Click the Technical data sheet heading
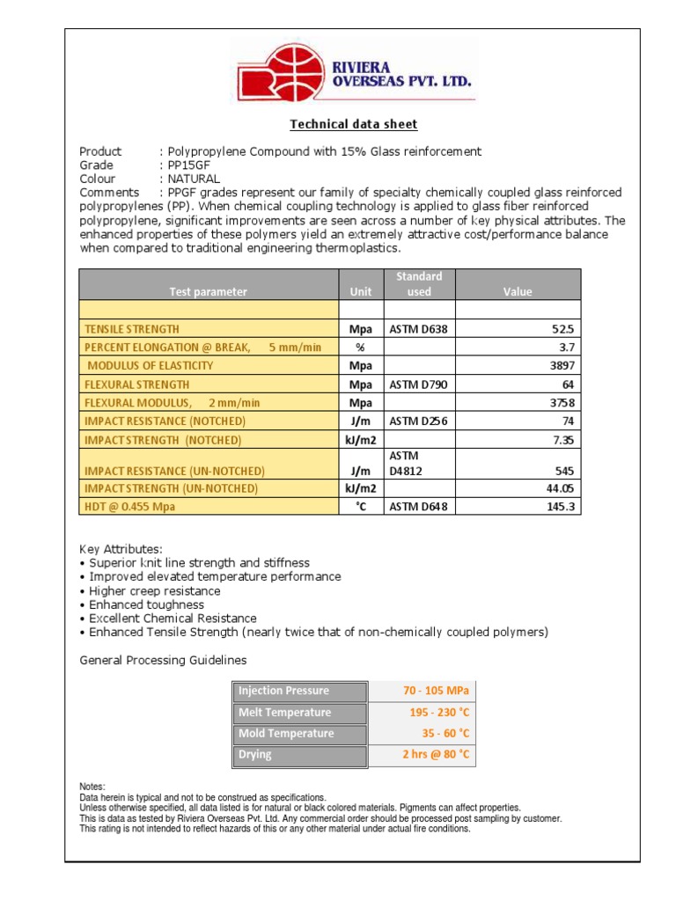pos(354,124)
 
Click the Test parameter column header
pos(209,291)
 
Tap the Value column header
pos(518,291)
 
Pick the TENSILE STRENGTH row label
pos(131,328)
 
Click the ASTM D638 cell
pos(419,329)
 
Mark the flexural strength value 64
pos(568,385)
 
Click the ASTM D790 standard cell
pos(419,385)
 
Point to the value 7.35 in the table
pos(561,439)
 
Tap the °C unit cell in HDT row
pos(361,506)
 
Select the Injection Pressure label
pos(283,691)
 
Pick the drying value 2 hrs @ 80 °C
pos(436,754)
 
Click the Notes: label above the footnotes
pos(92,787)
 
